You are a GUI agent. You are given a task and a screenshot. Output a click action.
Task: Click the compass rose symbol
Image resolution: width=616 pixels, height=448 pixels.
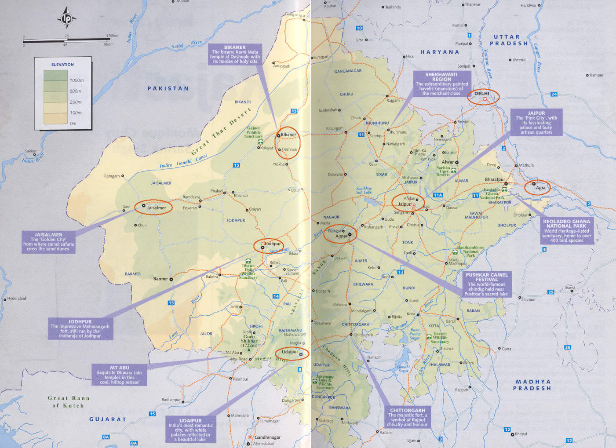66,18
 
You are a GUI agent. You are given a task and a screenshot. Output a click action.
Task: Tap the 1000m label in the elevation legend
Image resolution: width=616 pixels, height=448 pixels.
77,80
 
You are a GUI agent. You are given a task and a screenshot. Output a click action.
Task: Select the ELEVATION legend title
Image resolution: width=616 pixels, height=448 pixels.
62,65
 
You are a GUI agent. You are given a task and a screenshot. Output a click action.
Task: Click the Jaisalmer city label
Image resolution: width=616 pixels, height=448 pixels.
157,208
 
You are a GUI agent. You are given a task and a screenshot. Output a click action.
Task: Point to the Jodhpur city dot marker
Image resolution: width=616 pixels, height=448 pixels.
263,248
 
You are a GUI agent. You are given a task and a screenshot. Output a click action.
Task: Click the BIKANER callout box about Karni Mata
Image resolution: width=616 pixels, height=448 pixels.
235,55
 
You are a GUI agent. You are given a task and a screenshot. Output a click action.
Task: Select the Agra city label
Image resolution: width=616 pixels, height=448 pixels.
540,188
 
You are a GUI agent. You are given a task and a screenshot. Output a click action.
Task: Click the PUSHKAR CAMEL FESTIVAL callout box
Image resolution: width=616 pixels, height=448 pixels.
486,284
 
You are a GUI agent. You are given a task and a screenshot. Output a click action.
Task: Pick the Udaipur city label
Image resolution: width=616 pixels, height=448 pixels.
290,352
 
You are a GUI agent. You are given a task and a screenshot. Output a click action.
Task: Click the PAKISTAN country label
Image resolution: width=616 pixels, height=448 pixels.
168,88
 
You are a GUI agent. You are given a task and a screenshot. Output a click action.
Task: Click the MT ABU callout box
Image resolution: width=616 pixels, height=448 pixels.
119,375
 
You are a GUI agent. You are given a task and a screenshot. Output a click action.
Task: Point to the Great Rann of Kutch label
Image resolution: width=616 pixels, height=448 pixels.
69,402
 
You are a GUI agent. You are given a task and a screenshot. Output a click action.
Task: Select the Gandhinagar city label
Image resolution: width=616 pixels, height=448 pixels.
267,437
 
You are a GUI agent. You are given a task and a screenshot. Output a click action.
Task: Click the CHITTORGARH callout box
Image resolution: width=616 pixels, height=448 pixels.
407,417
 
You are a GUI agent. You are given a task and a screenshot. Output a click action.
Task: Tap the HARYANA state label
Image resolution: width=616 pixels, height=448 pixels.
440,52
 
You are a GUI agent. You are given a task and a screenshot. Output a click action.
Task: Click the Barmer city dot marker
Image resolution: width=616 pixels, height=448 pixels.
171,279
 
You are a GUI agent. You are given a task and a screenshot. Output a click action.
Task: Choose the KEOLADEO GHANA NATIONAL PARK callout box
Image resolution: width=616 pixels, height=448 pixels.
566,231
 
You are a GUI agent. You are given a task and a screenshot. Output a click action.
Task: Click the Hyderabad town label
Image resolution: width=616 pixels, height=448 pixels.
17,299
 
